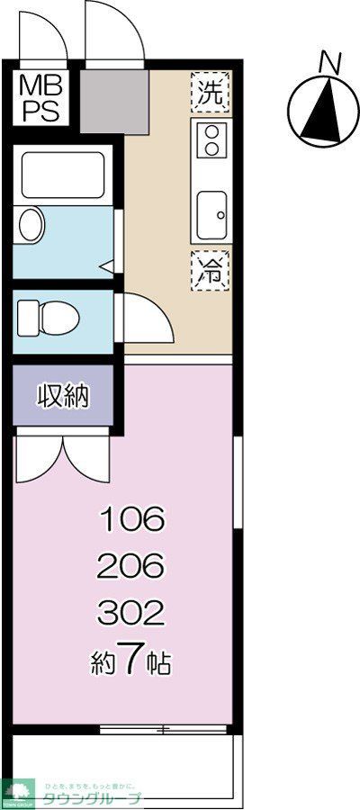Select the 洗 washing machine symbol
(211, 91)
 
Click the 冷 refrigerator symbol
(211, 268)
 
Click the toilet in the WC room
(49, 316)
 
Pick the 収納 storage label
(63, 396)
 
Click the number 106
(133, 518)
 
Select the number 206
(133, 566)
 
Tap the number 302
(133, 614)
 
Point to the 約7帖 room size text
(133, 663)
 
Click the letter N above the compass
(331, 62)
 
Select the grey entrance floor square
(113, 103)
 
